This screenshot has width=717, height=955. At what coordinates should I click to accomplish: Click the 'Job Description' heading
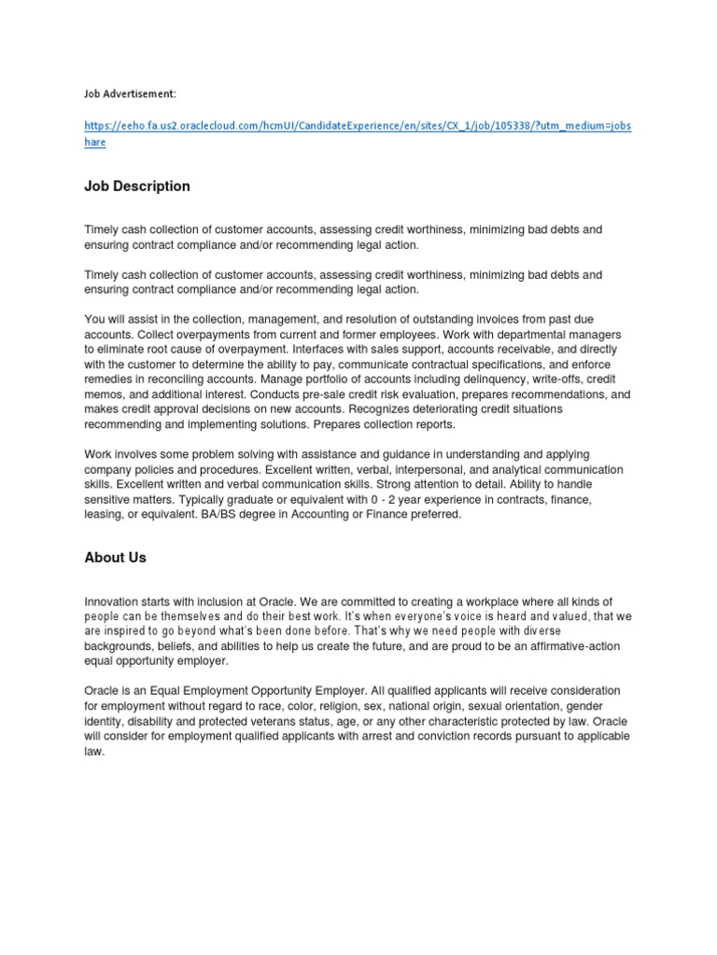[x=137, y=187]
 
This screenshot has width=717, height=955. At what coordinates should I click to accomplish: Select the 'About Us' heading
[x=116, y=558]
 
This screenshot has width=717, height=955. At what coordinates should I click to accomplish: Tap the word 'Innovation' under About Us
[x=116, y=602]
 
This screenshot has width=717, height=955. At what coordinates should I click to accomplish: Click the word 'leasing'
[x=105, y=514]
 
